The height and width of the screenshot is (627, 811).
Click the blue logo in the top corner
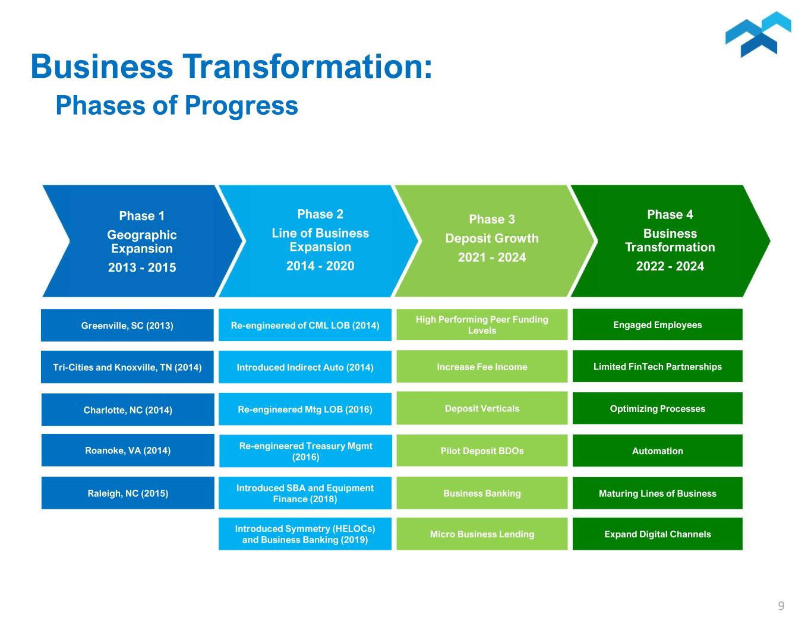click(x=758, y=34)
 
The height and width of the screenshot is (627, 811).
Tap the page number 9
click(x=781, y=606)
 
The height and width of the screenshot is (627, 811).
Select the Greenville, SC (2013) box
click(x=127, y=325)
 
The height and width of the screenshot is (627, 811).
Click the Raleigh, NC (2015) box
click(x=128, y=493)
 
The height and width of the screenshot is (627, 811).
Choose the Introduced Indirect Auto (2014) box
click(x=305, y=367)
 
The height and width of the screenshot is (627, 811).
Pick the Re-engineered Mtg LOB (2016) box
click(x=305, y=409)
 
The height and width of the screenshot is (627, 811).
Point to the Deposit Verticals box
click(x=482, y=408)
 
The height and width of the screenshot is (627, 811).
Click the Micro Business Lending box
click(x=482, y=534)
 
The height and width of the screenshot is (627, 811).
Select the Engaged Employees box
click(x=657, y=324)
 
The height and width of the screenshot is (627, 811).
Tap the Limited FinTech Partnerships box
click(x=657, y=366)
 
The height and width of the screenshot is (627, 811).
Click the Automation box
click(x=657, y=450)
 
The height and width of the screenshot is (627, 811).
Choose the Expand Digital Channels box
click(x=657, y=534)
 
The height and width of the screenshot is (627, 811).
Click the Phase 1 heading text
click(x=141, y=216)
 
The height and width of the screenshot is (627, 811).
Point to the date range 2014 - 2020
click(x=320, y=266)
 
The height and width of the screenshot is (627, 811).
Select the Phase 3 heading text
click(x=492, y=219)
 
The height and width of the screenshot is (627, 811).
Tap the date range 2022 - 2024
click(x=670, y=266)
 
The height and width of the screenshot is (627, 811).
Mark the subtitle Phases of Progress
click(x=176, y=105)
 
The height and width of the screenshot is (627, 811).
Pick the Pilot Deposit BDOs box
click(x=482, y=450)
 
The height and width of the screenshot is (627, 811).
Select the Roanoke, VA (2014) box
click(x=128, y=450)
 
